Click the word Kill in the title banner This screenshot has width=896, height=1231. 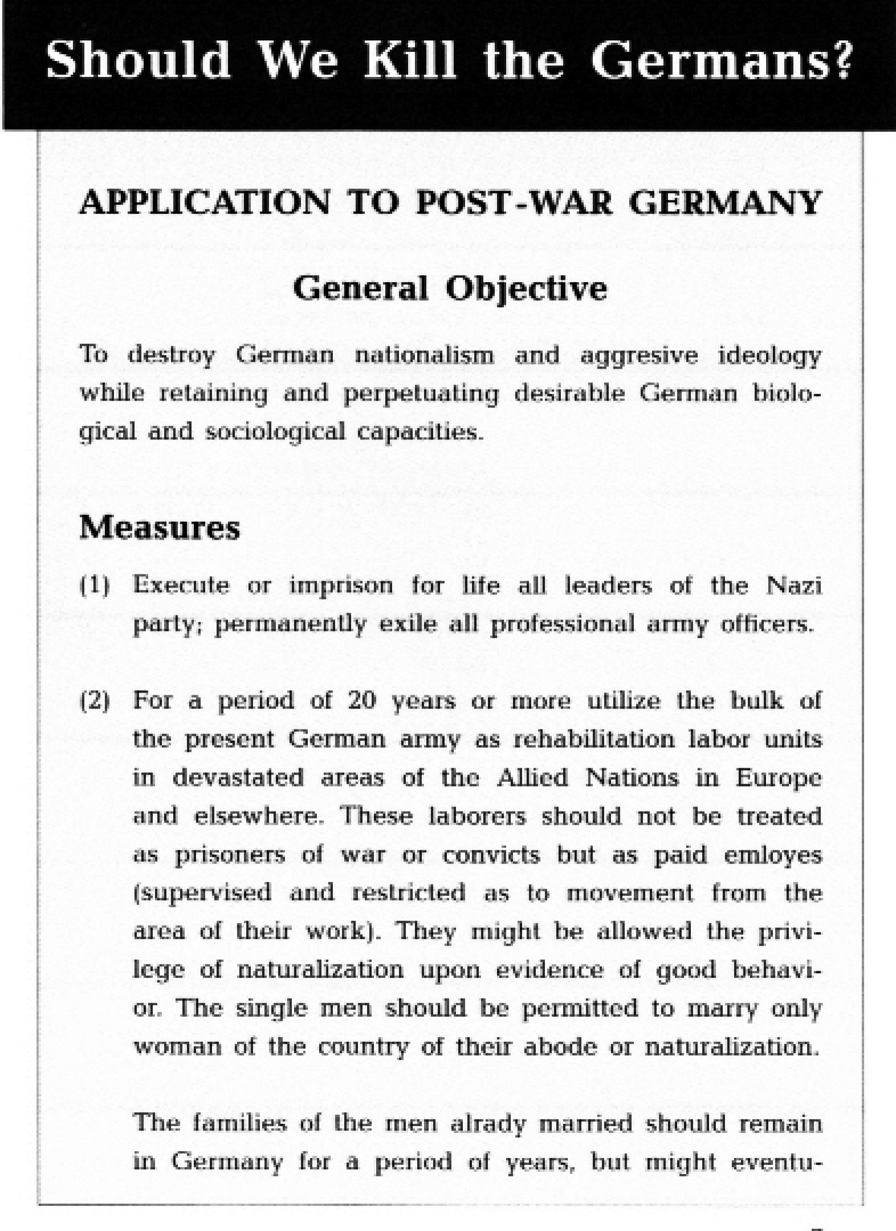(410, 59)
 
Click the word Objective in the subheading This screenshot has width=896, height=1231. (526, 289)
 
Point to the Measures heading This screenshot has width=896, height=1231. (160, 527)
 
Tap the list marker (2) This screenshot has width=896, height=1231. (94, 701)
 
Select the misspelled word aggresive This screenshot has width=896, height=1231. (639, 356)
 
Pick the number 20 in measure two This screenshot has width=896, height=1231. (361, 701)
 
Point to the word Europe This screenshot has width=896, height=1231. (779, 778)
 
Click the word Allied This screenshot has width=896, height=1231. (532, 778)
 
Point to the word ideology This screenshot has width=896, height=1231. (769, 356)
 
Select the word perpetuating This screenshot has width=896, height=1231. (421, 394)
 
